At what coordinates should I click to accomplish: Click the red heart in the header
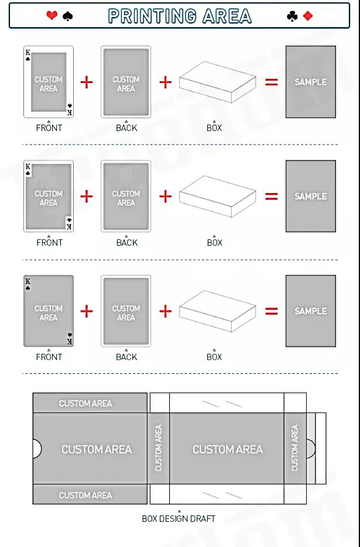click(52, 16)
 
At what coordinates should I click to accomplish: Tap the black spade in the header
click(67, 16)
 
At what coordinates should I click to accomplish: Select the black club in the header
click(292, 16)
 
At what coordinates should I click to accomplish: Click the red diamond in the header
click(308, 16)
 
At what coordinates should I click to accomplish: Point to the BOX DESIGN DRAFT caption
click(179, 518)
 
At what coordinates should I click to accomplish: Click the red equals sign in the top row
click(272, 82)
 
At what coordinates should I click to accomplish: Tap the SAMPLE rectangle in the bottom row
click(310, 311)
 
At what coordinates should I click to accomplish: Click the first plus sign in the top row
click(87, 82)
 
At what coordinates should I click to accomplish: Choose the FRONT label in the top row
click(49, 128)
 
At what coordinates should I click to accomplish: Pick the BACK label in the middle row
click(126, 242)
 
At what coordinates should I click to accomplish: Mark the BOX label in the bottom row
click(214, 357)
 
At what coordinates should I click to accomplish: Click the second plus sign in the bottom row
click(166, 311)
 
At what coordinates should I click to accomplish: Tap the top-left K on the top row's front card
click(28, 53)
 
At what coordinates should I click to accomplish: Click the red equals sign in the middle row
click(272, 197)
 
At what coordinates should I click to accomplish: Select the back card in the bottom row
click(126, 311)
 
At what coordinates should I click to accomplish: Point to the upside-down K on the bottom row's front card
click(69, 340)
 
